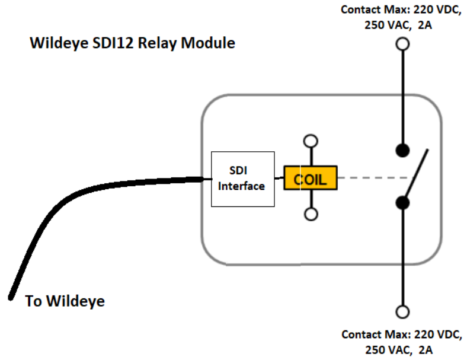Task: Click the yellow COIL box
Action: coord(311,178)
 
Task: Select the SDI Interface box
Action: coord(242,179)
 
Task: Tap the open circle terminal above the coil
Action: coord(310,141)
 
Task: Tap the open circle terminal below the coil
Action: coord(310,214)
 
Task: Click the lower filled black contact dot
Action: coord(403,203)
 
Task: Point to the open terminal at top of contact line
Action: coord(403,44)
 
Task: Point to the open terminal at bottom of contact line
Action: coord(403,311)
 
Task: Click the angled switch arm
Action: coord(417,174)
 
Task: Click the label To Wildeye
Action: coord(65,301)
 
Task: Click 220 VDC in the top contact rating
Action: coord(436,10)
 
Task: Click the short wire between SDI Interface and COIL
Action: coord(279,177)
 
